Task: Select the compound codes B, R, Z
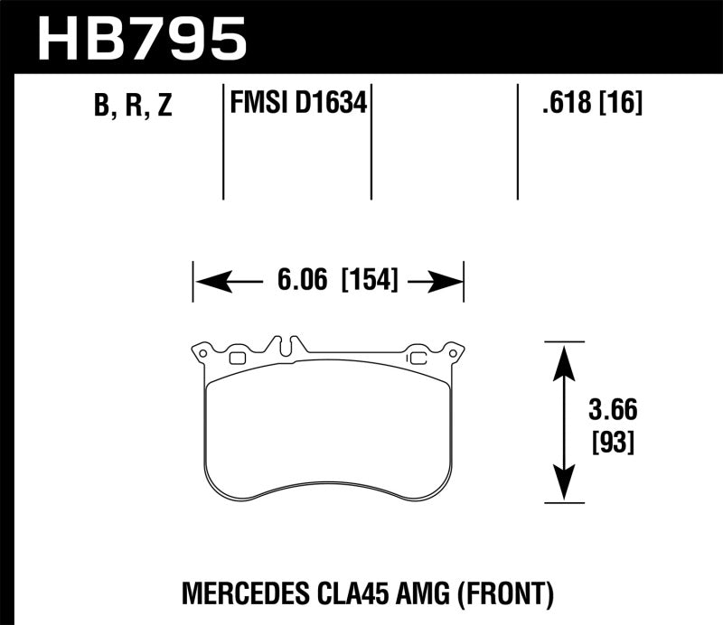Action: [132, 107]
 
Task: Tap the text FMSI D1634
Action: [297, 104]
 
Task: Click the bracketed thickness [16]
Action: [620, 105]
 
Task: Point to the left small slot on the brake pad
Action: [238, 359]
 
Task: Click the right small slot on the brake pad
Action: [418, 359]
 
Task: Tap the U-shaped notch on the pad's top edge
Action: [287, 346]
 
